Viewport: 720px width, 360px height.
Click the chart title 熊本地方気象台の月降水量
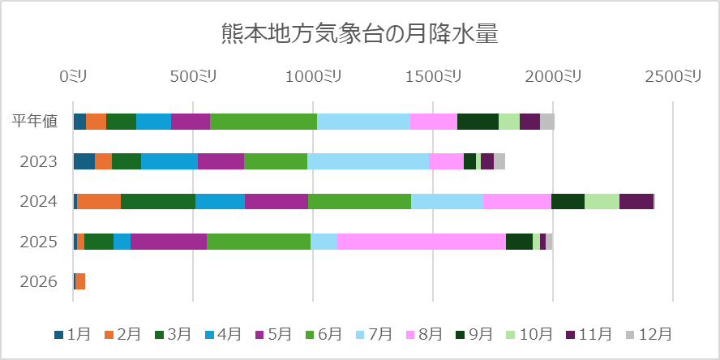(359, 33)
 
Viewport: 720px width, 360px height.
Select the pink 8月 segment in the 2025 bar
(421, 242)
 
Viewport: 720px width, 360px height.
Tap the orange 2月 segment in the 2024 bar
(99, 201)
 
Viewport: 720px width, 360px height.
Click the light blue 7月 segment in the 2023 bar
(368, 161)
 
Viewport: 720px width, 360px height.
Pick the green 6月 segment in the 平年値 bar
(264, 122)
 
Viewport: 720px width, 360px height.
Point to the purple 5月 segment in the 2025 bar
(169, 242)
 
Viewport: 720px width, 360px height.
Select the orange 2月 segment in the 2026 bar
(80, 281)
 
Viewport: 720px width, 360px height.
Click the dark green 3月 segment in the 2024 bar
(158, 201)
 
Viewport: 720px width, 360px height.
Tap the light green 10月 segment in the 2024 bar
(602, 201)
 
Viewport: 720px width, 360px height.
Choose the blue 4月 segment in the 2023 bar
(169, 161)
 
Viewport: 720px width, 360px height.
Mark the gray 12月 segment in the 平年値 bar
(547, 122)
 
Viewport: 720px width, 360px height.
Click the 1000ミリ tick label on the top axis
(312, 76)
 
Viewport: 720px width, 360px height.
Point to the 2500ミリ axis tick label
(672, 76)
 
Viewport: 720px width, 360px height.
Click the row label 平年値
(35, 122)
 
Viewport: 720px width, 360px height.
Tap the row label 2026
(39, 281)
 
